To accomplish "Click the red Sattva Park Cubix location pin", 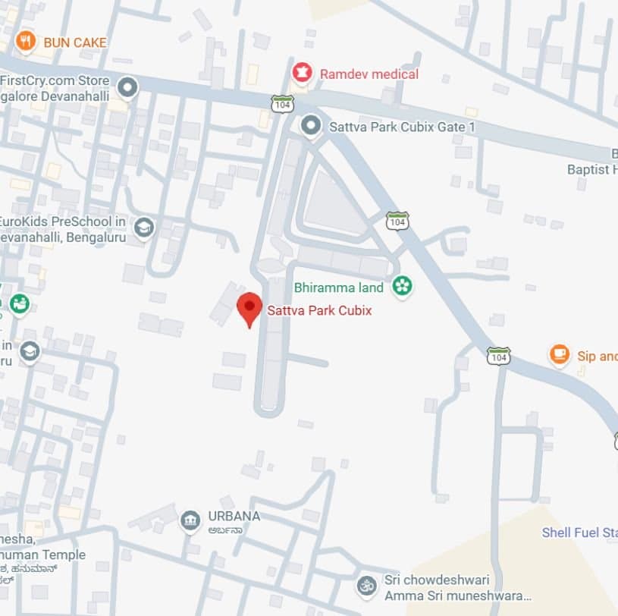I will click(x=249, y=307).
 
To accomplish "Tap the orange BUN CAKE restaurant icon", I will click(x=26, y=42).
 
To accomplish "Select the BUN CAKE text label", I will click(x=75, y=42).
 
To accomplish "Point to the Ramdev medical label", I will click(x=369, y=74).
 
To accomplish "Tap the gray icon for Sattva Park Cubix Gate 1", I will click(x=310, y=126).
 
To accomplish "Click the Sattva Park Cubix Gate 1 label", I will click(x=402, y=127).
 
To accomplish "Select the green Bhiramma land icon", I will click(x=402, y=286).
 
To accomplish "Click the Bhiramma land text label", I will click(x=339, y=288).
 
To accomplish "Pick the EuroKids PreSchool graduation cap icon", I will click(x=143, y=226).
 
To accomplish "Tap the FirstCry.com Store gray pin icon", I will click(x=127, y=87).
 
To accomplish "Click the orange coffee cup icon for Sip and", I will click(x=559, y=355).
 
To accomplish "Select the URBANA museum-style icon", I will click(x=190, y=521).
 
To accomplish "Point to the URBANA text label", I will click(x=234, y=517).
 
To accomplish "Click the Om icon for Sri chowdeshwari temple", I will click(x=367, y=585).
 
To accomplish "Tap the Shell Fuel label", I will click(x=579, y=533).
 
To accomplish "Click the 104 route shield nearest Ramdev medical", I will click(x=283, y=103).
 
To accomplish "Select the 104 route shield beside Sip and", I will click(x=498, y=355).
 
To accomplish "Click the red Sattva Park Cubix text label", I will click(x=319, y=310).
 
